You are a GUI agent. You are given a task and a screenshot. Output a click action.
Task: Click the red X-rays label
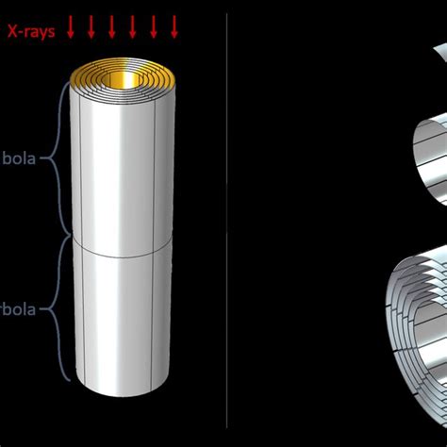tap(32, 30)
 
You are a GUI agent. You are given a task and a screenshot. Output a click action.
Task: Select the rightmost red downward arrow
tap(175, 29)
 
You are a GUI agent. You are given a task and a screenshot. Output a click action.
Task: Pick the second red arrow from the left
tap(91, 29)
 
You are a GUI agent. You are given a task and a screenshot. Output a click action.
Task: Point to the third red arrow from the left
tap(112, 29)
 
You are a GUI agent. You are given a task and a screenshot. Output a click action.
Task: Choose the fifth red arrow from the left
tap(155, 29)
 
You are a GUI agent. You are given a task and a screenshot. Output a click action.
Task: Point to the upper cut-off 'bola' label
tap(18, 157)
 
